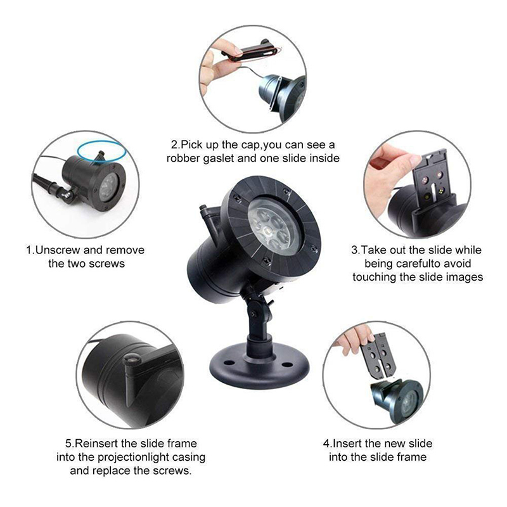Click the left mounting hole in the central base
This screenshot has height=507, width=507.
point(229,363)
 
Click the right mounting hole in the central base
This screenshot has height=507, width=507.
point(287,365)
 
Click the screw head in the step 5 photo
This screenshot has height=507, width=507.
point(132,359)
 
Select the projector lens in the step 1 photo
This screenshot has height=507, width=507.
point(108,188)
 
